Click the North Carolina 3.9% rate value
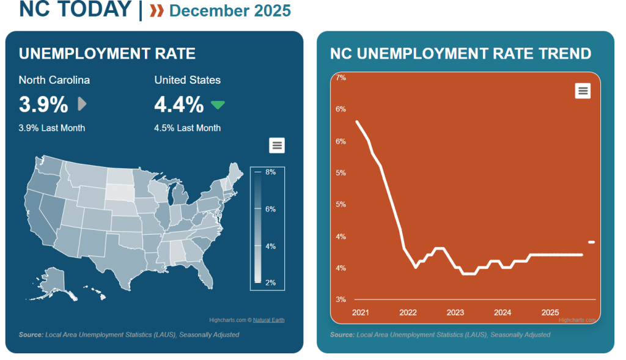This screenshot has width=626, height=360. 43,105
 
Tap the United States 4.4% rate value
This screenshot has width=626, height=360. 179,105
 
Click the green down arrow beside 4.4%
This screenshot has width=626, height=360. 218,105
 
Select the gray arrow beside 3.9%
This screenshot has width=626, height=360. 82,105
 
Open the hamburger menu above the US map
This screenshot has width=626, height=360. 277,145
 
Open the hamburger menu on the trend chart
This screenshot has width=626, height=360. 583,90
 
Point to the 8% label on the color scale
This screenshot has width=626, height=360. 270,172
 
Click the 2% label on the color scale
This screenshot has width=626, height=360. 270,282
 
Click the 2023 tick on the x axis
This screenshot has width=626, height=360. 455,312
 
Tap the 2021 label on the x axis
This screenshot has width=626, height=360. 360,312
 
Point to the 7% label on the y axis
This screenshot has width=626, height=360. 341,78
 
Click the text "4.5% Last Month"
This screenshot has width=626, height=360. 187,128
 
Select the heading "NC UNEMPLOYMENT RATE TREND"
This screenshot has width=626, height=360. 460,54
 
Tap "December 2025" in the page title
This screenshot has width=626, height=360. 230,10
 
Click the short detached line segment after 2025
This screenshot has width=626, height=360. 591,243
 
